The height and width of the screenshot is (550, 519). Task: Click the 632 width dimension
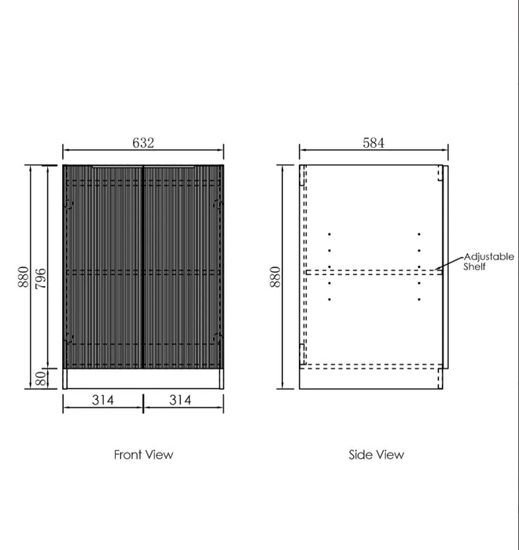(x=143, y=143)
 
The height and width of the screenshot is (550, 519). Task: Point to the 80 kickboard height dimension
(x=41, y=379)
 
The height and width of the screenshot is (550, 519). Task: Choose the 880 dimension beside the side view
(x=275, y=277)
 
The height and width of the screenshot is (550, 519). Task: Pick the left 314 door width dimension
(x=102, y=400)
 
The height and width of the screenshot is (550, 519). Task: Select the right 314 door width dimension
(x=180, y=400)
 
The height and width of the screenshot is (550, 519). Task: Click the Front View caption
(x=143, y=454)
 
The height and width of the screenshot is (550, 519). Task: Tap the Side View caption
(x=376, y=454)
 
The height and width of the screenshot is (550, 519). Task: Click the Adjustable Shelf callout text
(x=488, y=262)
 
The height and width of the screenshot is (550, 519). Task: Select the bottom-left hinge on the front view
(x=68, y=339)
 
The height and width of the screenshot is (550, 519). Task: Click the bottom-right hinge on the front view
(x=218, y=339)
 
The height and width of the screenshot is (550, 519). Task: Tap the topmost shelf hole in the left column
(x=329, y=234)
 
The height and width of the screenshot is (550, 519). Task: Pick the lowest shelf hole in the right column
(x=419, y=299)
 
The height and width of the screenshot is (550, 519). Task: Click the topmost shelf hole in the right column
(x=419, y=234)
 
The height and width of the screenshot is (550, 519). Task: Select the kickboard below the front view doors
(x=143, y=379)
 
